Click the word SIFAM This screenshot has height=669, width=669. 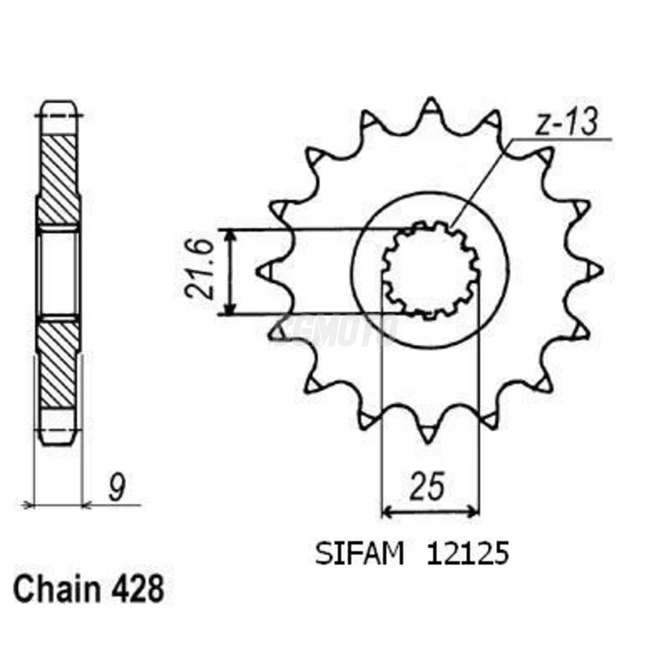[359, 554]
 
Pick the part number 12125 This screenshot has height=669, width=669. [468, 554]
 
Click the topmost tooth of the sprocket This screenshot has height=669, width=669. [432, 106]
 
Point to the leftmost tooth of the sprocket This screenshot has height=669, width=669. [264, 271]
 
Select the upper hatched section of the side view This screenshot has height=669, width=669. [58, 179]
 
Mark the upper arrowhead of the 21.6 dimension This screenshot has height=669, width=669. [230, 235]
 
